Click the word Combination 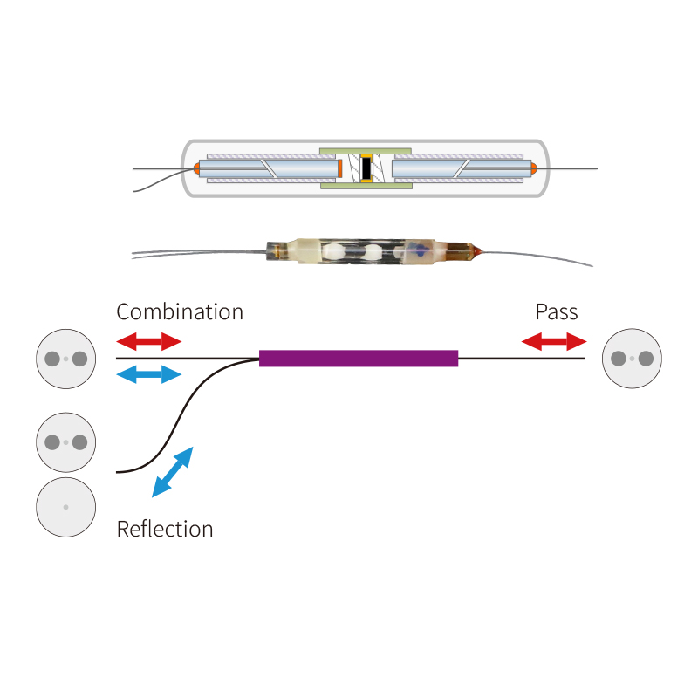180,311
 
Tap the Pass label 557,311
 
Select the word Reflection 165,529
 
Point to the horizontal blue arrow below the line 149,375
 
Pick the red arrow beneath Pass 554,341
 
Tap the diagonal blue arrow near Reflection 173,472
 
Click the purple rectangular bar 359,358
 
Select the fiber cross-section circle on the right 633,358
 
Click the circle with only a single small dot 65,507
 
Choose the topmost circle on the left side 65,358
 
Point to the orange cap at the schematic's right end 533,168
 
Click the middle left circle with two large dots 65,442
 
